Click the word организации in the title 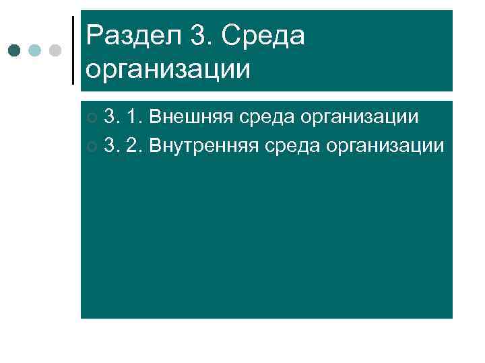168,68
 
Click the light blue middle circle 36,50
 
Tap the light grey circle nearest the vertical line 55,50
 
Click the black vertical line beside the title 73,50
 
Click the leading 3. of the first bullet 112,118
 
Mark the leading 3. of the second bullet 112,145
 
